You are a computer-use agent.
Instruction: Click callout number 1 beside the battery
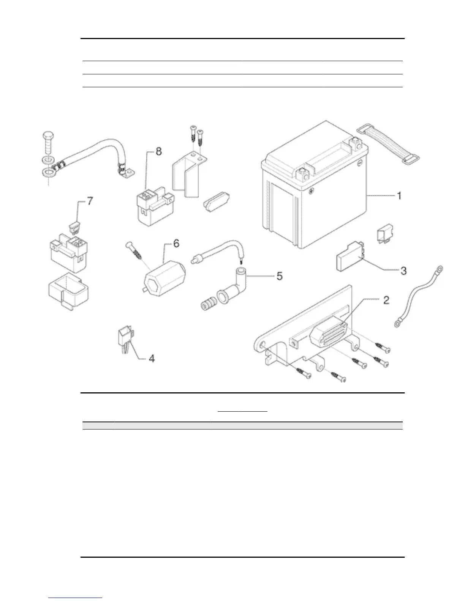pos(399,196)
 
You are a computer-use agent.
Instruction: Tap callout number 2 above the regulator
pos(386,300)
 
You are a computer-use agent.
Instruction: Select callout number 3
pos(403,271)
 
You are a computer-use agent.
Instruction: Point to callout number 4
pos(151,358)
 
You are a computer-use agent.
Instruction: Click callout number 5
pos(279,276)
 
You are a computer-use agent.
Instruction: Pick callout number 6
pos(176,243)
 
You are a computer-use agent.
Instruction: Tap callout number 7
pos(90,201)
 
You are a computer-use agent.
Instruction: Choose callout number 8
pos(158,151)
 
